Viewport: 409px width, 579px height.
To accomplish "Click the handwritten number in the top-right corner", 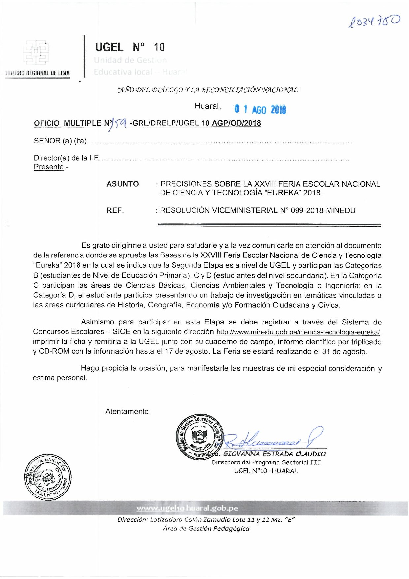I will (x=374, y=21).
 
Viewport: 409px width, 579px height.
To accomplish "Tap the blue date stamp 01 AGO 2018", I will (x=260, y=109).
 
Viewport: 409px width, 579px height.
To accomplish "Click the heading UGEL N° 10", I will (x=130, y=47).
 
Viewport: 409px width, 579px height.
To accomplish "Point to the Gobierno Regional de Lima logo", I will (x=36, y=53).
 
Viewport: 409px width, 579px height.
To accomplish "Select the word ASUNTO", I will (x=122, y=184).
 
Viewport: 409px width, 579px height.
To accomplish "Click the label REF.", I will (x=115, y=210).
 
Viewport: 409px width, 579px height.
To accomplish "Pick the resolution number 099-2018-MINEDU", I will (x=323, y=210).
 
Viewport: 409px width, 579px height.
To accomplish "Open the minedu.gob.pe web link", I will (x=299, y=332).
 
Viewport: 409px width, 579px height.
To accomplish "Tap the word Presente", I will (x=48, y=167).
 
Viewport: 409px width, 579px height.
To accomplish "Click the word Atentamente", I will (x=128, y=411).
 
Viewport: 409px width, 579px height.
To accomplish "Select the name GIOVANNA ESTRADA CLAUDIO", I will (x=274, y=454).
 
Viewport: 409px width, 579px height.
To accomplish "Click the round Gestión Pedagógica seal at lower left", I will (x=47, y=477).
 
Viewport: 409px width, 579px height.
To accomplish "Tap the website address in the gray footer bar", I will (x=187, y=508).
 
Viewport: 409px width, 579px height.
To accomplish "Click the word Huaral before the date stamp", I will (x=207, y=106).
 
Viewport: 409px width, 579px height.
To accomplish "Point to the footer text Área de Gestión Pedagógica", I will (x=206, y=528).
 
